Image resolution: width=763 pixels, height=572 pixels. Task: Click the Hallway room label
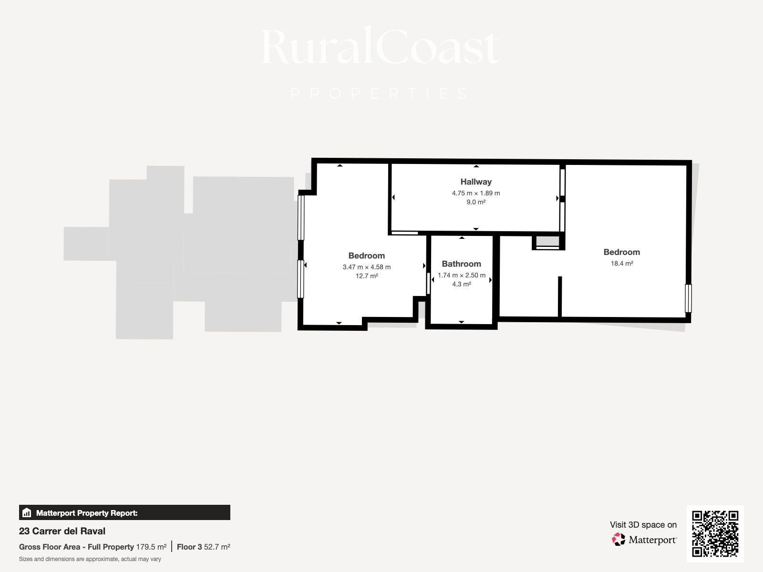coord(476,182)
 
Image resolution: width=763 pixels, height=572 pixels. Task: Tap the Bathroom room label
coord(461,264)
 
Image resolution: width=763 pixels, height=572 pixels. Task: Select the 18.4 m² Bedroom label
coord(621,252)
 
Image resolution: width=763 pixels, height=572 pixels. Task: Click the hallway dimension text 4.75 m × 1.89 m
coord(476,193)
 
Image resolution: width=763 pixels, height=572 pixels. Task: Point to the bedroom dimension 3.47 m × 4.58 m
coord(366,267)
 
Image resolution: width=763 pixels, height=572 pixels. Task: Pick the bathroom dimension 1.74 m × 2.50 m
coord(461,275)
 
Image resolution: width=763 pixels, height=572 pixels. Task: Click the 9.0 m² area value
coord(476,202)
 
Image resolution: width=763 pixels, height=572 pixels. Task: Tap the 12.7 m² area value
coord(366,276)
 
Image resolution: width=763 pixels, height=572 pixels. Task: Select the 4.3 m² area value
coord(461,284)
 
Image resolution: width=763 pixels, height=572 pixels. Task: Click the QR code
coord(715,534)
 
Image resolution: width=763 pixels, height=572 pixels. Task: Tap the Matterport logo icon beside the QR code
coord(619,540)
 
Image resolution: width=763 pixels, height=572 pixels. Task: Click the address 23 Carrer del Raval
coord(62,531)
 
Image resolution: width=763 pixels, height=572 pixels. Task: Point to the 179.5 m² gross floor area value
coord(151,547)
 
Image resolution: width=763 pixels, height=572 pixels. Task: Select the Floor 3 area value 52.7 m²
coord(217,547)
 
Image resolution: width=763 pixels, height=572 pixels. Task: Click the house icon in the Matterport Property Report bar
coord(27,512)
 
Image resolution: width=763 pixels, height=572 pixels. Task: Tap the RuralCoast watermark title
coord(381,46)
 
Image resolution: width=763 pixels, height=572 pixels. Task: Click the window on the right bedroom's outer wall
coord(688,298)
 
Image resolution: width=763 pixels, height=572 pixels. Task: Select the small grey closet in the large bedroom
coord(547,242)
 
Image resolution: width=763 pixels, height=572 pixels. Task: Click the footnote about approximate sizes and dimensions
coord(90,559)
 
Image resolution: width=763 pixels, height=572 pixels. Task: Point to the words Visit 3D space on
coord(643,525)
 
